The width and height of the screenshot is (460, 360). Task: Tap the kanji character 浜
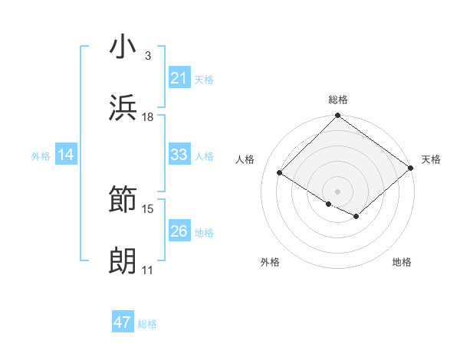point(123,109)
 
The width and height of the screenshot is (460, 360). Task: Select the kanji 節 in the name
point(123,201)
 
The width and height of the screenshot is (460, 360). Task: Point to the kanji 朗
point(123,263)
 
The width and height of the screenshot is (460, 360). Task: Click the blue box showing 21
point(179,77)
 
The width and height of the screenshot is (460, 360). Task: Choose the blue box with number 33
point(179,155)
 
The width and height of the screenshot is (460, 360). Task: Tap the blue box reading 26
point(179,231)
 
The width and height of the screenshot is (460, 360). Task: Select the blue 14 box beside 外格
point(65,155)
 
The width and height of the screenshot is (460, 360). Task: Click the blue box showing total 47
point(123,322)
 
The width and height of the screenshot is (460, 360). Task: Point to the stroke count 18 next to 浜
point(148,116)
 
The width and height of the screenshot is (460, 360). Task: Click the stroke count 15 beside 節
point(148,208)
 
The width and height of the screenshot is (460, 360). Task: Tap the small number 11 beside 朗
point(148,270)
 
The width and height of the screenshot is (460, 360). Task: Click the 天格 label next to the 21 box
point(204,79)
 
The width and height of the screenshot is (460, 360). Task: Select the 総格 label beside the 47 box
point(147,324)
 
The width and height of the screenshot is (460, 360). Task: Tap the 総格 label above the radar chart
point(337,100)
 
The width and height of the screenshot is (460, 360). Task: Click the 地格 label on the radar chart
point(402,262)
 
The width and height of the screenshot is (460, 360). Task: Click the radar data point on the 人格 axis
point(280,172)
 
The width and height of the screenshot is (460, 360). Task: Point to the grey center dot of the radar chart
point(337,191)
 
